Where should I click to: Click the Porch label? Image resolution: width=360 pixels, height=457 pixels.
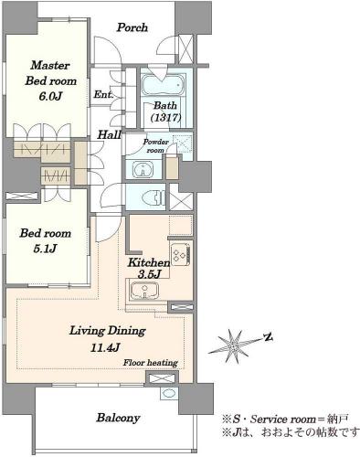coord(132,27)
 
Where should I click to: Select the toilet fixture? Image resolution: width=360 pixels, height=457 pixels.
coord(154,197)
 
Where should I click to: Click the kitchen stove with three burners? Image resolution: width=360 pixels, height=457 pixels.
coord(181,254)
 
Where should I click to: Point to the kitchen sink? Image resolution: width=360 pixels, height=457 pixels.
coord(144,291)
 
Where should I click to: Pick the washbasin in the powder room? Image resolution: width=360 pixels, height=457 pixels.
coord(143,169)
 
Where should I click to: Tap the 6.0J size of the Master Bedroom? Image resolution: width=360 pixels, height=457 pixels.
coord(50,97)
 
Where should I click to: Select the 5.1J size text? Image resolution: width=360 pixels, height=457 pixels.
coord(45,249)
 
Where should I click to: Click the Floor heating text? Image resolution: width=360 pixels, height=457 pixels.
coord(151,363)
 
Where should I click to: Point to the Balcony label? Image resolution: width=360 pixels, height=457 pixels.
coord(118,418)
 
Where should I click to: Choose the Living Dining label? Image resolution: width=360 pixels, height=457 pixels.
coord(108,331)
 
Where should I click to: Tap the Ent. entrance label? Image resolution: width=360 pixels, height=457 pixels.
coord(103,94)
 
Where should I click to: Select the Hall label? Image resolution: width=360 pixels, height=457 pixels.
coord(109,134)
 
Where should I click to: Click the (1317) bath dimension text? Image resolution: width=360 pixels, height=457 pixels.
coord(166,117)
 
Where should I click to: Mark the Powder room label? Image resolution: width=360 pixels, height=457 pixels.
coord(155,145)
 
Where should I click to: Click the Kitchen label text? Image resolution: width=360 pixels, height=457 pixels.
coord(149,262)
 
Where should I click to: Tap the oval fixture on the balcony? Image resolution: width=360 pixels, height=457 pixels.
coord(168,393)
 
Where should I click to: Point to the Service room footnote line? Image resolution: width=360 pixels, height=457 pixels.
coord(285,420)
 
